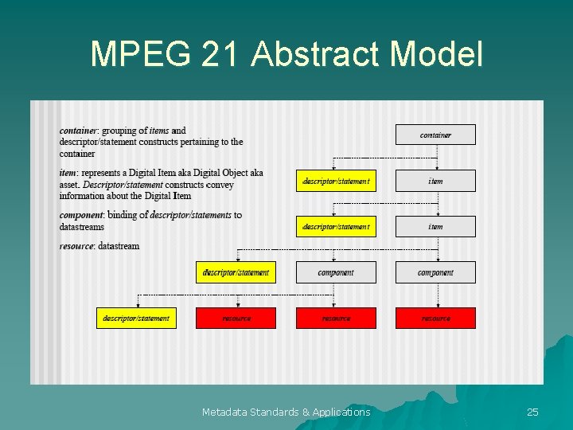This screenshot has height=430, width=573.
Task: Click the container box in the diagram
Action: pyautogui.click(x=435, y=135)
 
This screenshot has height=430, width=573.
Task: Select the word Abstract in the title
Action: pyautogui.click(x=314, y=54)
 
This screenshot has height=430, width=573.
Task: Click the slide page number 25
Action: pyautogui.click(x=532, y=412)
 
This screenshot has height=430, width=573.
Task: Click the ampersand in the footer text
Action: pyautogui.click(x=306, y=412)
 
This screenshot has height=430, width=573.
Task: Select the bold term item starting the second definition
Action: pyautogui.click(x=67, y=173)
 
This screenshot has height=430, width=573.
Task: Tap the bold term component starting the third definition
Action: pyautogui.click(x=80, y=215)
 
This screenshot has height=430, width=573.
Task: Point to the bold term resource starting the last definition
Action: pyautogui.click(x=76, y=246)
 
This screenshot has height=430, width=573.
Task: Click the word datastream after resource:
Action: pyautogui.click(x=119, y=246)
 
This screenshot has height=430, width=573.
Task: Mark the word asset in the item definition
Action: pyautogui.click(x=70, y=185)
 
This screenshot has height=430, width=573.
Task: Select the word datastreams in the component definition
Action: pyautogui.click(x=81, y=227)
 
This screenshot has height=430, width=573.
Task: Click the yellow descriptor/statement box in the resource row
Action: pyautogui.click(x=136, y=319)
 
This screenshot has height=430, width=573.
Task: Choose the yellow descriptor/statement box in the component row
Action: pyautogui.click(x=236, y=272)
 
